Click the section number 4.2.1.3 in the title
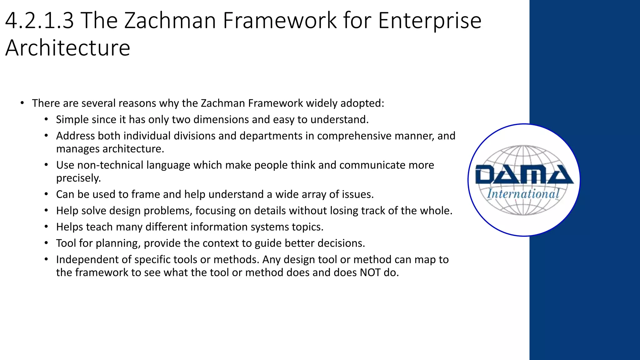click(40, 21)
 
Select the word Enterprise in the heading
click(430, 21)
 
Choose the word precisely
click(78, 178)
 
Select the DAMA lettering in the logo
click(524, 175)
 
